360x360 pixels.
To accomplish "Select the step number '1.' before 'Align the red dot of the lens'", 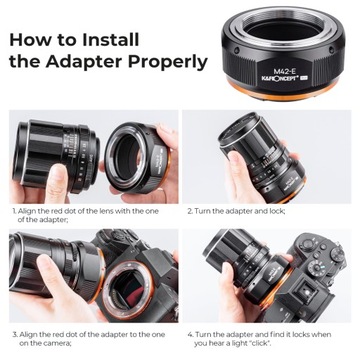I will (14, 212).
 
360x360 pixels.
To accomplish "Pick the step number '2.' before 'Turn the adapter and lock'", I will (190, 212).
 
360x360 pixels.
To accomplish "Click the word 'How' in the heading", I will (30, 40).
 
